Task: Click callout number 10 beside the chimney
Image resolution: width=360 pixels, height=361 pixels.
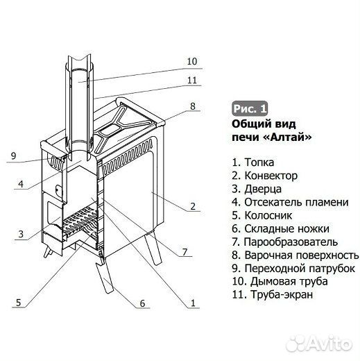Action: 192,61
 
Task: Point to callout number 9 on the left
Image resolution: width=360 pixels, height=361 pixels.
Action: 12,156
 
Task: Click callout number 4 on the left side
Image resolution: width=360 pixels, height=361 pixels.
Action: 22,184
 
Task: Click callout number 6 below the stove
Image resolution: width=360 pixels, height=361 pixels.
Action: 142,303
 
